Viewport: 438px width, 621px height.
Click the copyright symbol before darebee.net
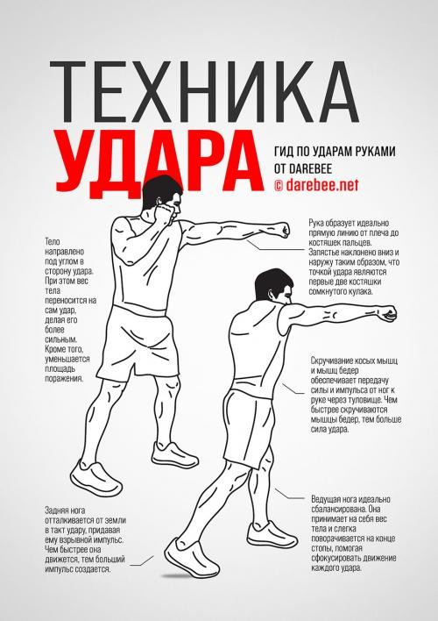(279, 185)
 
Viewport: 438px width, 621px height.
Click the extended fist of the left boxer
(279, 231)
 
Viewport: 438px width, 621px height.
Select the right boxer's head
(264, 290)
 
